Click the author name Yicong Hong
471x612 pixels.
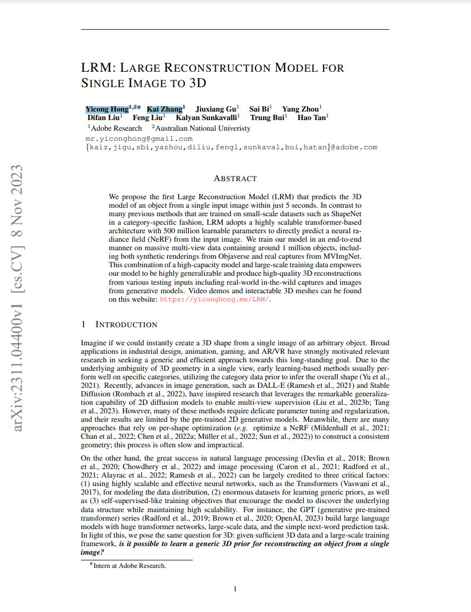click(x=107, y=109)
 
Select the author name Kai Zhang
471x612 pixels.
click(x=164, y=109)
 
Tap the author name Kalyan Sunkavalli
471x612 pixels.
click(x=206, y=118)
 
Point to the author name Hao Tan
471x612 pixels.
click(x=311, y=118)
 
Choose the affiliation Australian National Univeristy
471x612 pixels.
click(x=203, y=128)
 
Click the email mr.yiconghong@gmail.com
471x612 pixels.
click(x=139, y=139)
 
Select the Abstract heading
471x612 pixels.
click(x=235, y=178)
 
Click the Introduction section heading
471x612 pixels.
click(x=126, y=325)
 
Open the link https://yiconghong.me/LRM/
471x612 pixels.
click(x=215, y=300)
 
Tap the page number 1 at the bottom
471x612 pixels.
click(x=235, y=588)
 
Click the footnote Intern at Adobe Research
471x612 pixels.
click(x=130, y=566)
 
